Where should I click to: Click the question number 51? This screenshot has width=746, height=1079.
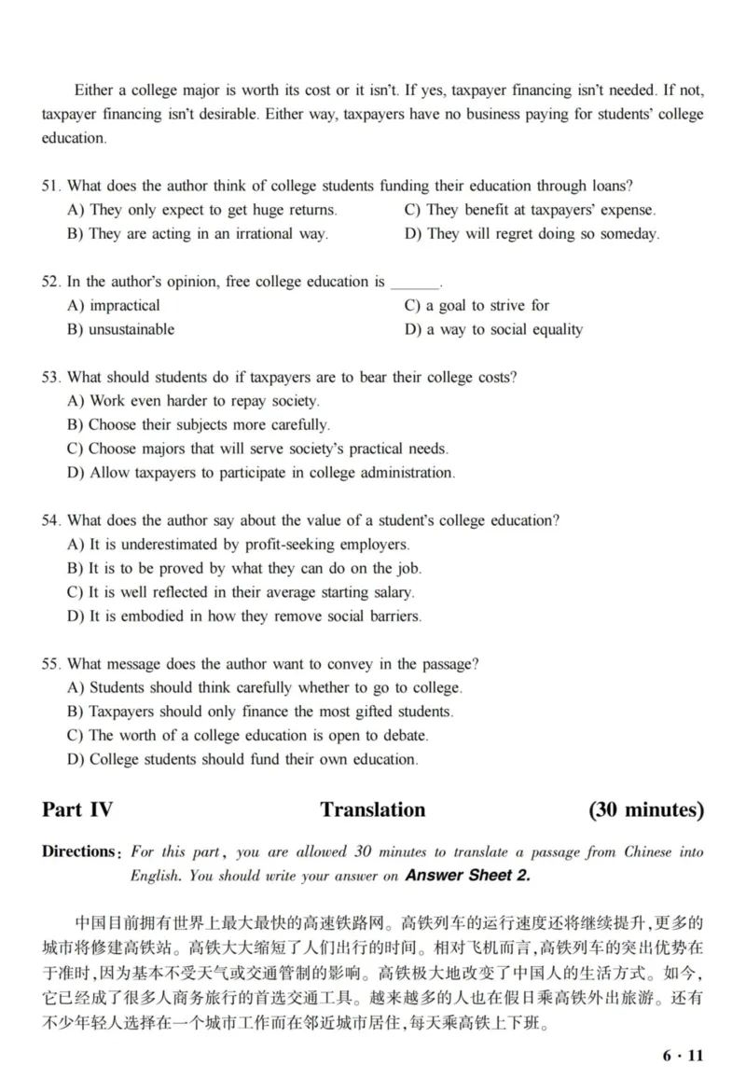pyautogui.click(x=51, y=187)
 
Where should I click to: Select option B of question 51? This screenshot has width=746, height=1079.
pyautogui.click(x=198, y=234)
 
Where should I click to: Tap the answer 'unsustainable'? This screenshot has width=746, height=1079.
pyautogui.click(x=121, y=329)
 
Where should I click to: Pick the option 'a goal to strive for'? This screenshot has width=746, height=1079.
pyautogui.click(x=477, y=305)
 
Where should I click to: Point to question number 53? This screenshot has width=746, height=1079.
pyautogui.click(x=51, y=377)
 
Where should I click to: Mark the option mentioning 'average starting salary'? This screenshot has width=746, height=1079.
pyautogui.click(x=242, y=592)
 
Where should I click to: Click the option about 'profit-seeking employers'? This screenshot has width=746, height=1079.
pyautogui.click(x=239, y=544)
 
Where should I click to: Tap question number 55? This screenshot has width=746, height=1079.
pyautogui.click(x=51, y=664)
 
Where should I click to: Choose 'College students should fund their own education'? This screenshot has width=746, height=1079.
pyautogui.click(x=242, y=759)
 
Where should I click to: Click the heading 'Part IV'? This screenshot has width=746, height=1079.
pyautogui.click(x=77, y=809)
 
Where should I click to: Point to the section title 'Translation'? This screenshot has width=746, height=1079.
pyautogui.click(x=372, y=809)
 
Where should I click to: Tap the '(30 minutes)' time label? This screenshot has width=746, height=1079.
pyautogui.click(x=645, y=809)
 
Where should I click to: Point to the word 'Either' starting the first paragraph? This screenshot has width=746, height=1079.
pyautogui.click(x=93, y=90)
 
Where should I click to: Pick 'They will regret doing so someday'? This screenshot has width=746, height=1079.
pyautogui.click(x=532, y=234)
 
